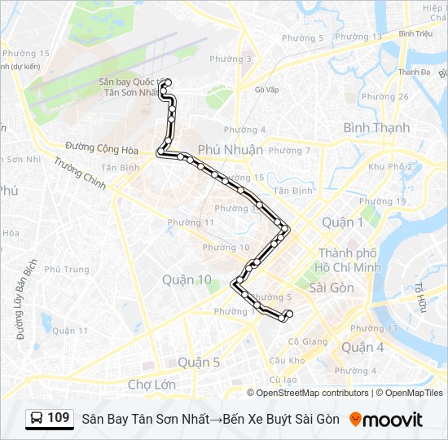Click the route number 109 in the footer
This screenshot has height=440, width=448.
pos(58,418)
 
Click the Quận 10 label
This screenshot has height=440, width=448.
pos(187,279)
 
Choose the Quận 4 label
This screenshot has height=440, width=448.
pos(362,346)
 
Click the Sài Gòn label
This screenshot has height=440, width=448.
pos(332,288)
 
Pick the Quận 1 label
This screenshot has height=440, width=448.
pos(343,222)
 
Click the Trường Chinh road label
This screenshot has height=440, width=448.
pos(81,173)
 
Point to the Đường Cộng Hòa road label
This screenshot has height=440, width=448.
pos(102,147)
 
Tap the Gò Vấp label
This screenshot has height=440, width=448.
pos(266,90)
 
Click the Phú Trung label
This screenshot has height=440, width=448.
pos(67,269)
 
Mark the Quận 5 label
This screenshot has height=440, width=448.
pos(199,363)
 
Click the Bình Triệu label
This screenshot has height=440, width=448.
pos(415,33)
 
